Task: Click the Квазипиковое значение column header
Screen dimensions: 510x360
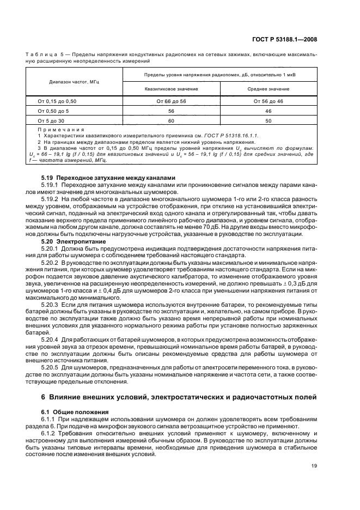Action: pos(171,88)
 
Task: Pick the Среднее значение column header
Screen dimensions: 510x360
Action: pos(271,88)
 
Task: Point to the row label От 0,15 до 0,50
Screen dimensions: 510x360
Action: pos(57,101)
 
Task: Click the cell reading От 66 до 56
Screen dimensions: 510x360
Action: pos(171,101)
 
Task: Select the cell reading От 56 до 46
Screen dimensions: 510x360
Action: pos(271,101)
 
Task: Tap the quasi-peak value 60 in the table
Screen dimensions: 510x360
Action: pos(171,120)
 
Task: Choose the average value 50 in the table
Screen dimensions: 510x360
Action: pos(271,120)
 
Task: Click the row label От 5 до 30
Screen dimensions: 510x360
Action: pos(51,120)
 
